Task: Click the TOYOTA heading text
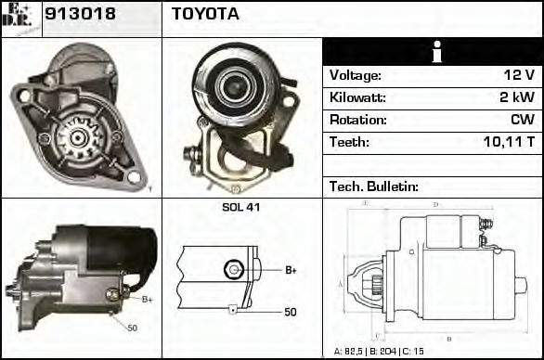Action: pos(205,14)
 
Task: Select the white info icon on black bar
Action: pos(432,52)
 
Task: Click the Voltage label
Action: pos(355,75)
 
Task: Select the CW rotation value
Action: pos(522,120)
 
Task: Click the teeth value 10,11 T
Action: pos(509,143)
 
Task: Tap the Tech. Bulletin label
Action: pos(373,186)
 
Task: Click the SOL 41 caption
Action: pos(240,207)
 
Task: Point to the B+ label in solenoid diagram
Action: pos(291,270)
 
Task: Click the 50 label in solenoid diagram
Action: pos(291,312)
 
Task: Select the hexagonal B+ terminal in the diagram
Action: pos(233,270)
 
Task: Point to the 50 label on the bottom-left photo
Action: pos(132,328)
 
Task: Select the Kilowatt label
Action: pos(356,97)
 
